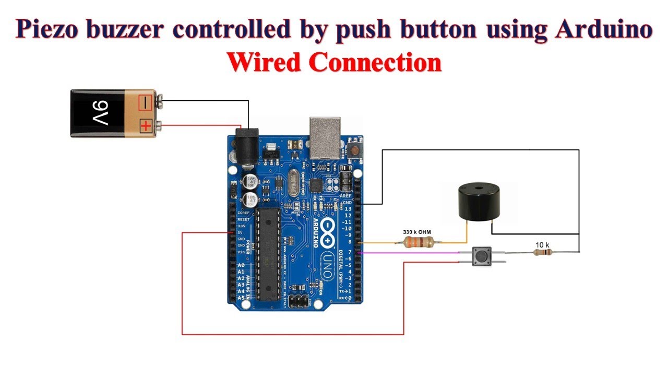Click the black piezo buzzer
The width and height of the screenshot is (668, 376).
[x=478, y=202]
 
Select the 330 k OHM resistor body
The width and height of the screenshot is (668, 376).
[x=419, y=242]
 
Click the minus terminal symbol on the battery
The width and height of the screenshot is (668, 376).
[x=145, y=101]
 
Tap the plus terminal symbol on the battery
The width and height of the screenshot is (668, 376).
[x=145, y=126]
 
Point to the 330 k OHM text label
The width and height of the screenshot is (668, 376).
[x=417, y=231]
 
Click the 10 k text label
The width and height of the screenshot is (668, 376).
[x=543, y=244]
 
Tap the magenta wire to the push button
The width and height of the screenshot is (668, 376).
[x=412, y=253]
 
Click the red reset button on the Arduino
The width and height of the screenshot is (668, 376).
[x=355, y=150]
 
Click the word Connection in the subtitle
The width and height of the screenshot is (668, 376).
[x=376, y=63]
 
